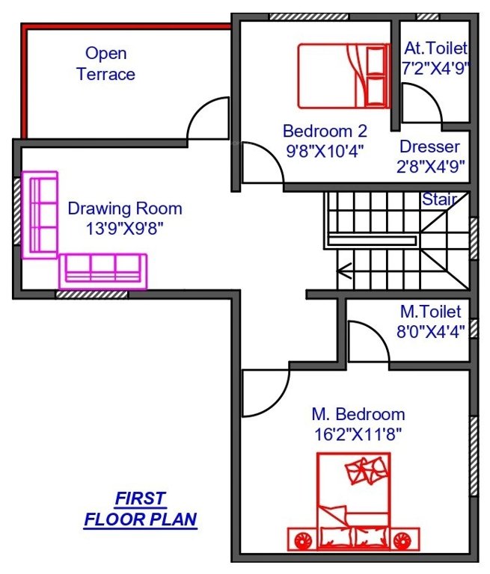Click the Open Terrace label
(x=105, y=64)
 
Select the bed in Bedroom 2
(x=343, y=75)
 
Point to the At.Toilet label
(x=435, y=49)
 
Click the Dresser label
(x=429, y=146)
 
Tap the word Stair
(x=438, y=200)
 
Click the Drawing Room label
(x=124, y=209)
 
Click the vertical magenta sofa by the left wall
(x=40, y=215)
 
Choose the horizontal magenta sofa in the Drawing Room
(x=103, y=271)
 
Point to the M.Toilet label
(x=429, y=312)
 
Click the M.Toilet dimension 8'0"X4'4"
(x=429, y=331)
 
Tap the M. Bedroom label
(x=358, y=414)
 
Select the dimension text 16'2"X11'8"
(x=358, y=434)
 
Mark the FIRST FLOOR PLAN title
(x=140, y=509)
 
